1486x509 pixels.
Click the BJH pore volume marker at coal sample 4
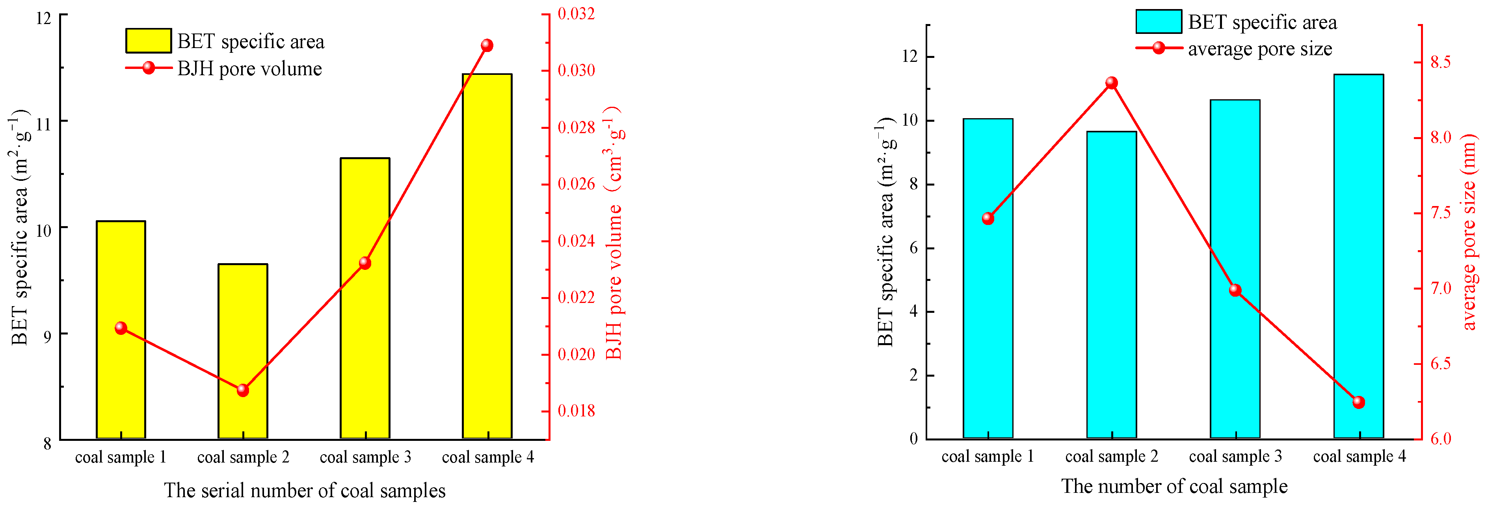click(487, 46)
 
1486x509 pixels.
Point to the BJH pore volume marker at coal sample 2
click(243, 390)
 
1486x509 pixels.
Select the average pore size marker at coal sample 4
click(1358, 402)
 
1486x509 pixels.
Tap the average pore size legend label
click(1260, 48)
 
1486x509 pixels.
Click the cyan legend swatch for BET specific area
click(1159, 22)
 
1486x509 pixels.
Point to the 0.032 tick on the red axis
click(576, 13)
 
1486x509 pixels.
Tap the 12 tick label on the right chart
click(909, 56)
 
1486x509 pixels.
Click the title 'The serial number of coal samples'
click(305, 490)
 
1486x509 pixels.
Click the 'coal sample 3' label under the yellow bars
click(365, 457)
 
